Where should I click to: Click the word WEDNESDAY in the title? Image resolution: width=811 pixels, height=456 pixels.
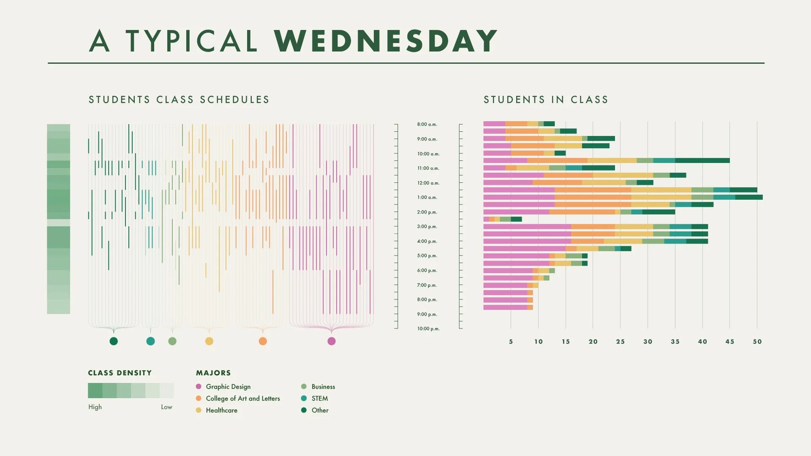click(385, 41)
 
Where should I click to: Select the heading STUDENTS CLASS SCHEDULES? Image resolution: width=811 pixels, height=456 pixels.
click(179, 100)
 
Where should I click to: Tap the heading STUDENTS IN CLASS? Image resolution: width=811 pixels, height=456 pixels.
click(546, 100)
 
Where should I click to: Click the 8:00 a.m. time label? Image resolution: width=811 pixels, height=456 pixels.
click(427, 125)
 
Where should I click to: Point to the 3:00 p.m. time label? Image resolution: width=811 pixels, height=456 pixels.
click(427, 227)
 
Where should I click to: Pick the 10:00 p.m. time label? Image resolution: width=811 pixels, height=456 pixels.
click(428, 329)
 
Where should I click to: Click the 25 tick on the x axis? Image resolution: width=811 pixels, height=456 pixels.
click(620, 342)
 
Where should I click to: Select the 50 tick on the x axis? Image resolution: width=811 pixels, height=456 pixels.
click(757, 342)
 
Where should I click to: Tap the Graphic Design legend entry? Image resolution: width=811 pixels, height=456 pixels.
click(228, 387)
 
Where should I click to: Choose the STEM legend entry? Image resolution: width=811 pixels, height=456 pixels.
click(319, 399)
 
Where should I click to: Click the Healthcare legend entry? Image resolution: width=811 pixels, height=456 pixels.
click(221, 410)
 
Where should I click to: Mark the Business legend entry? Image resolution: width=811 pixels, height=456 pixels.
click(323, 387)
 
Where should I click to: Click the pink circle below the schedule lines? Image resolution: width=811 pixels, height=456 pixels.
click(332, 341)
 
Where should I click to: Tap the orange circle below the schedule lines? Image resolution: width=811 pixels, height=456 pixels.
click(263, 341)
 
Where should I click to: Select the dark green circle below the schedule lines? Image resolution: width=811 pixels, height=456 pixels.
click(114, 341)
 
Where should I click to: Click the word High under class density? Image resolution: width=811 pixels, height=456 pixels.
click(95, 407)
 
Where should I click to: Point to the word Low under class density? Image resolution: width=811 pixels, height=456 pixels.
click(166, 407)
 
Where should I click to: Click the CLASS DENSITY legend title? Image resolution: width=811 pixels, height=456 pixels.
click(120, 373)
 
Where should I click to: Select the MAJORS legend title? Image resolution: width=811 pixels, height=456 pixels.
click(213, 373)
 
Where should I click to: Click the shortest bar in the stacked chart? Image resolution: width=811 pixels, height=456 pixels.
click(502, 219)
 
